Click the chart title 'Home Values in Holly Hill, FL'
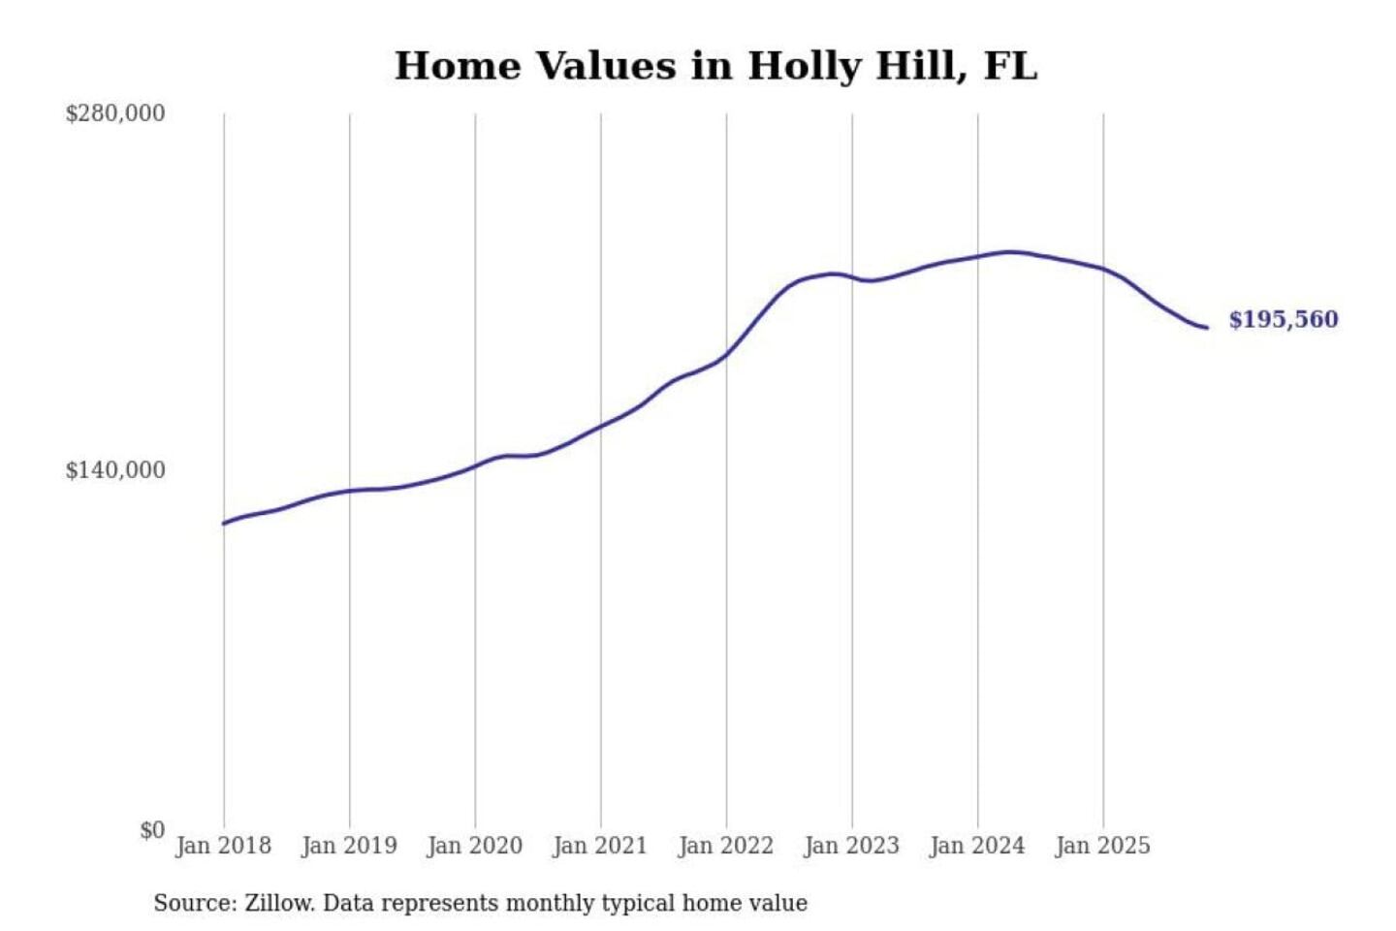[715, 66]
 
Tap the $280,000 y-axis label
[114, 113]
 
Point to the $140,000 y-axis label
[114, 470]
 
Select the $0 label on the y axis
[151, 830]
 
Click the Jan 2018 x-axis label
[223, 846]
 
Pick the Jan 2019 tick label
[349, 846]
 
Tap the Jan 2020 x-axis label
[474, 846]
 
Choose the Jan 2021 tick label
[600, 846]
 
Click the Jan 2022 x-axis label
[725, 846]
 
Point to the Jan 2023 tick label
[851, 846]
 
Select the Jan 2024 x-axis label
[976, 846]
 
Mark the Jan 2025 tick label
[1102, 846]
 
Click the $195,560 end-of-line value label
[1283, 319]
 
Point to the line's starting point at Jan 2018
[224, 524]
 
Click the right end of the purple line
[1207, 328]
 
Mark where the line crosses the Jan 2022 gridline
[726, 355]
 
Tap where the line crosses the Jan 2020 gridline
[475, 466]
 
